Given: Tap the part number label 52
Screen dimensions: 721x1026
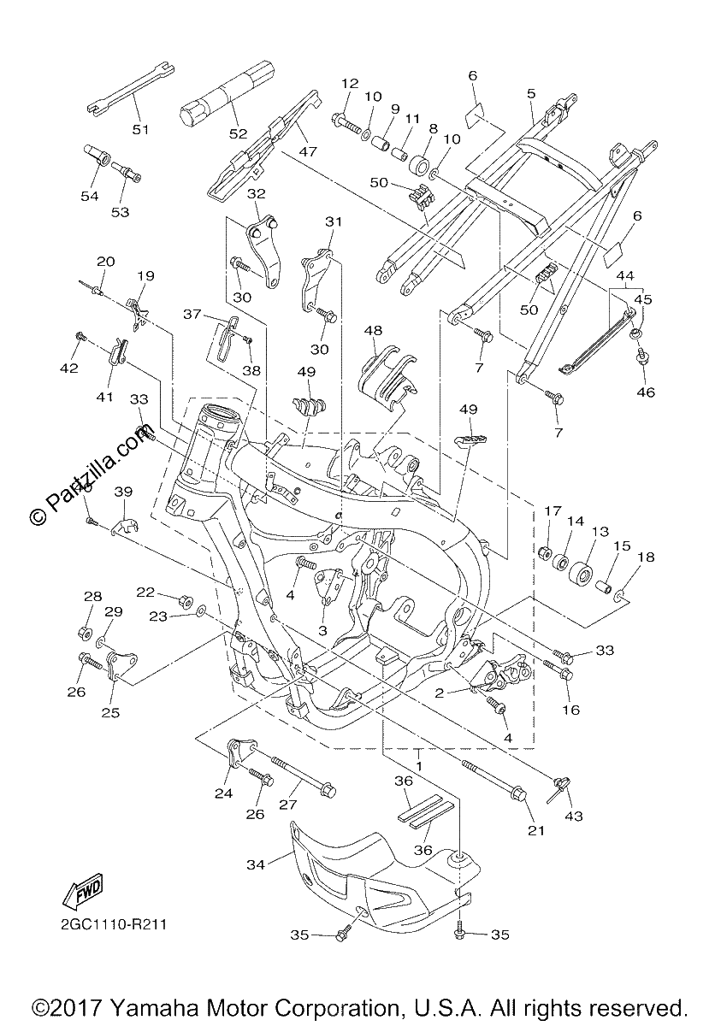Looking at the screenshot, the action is tap(239, 133).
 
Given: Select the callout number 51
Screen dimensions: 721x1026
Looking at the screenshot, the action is tap(140, 130).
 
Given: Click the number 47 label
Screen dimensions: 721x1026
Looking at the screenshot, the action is tap(308, 151).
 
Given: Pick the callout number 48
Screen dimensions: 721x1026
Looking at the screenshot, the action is tap(373, 330).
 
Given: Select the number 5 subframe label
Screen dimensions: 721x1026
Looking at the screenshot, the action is tap(531, 93).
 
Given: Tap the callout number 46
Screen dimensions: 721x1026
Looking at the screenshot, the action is tap(646, 392).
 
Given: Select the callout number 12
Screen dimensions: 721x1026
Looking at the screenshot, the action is tap(350, 83).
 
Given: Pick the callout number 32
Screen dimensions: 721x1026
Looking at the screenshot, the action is tap(257, 194).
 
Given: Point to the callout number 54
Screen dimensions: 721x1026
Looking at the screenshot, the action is tap(90, 196).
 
